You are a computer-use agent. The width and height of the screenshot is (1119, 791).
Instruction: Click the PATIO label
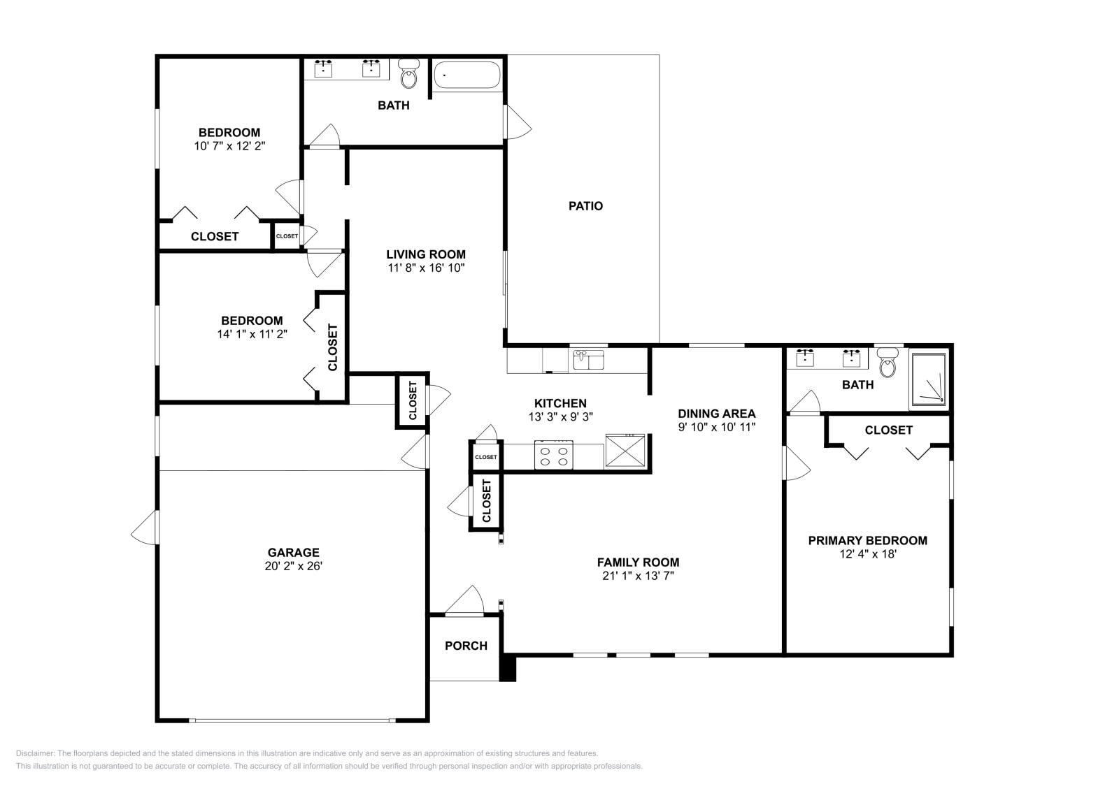coord(585,206)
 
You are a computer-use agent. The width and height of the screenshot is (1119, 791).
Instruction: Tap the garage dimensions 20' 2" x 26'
coord(293,567)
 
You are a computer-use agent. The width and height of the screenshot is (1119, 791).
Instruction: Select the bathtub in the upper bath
coord(466,75)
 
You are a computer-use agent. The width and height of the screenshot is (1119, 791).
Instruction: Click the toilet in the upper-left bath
coord(408,73)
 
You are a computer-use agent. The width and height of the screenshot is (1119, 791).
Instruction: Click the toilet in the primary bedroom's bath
coord(888,362)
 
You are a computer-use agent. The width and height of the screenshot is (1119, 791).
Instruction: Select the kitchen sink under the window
coord(589,361)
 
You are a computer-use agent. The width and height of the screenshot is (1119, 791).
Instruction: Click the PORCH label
coord(466,646)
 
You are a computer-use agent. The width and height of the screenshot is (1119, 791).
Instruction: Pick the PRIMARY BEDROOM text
coord(867,540)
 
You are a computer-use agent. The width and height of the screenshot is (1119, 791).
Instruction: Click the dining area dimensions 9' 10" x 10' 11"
coord(717,427)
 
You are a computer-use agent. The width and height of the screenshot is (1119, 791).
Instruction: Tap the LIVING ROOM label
coord(425,254)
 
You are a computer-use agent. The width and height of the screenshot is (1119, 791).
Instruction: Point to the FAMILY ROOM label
coord(638,562)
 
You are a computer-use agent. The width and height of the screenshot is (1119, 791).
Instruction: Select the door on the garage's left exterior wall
coord(145,528)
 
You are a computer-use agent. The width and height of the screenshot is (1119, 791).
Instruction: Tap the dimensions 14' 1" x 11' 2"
coord(252,334)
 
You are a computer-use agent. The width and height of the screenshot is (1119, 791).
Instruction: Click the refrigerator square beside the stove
coord(625,451)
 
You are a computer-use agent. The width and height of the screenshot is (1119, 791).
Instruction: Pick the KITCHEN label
coord(560,403)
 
